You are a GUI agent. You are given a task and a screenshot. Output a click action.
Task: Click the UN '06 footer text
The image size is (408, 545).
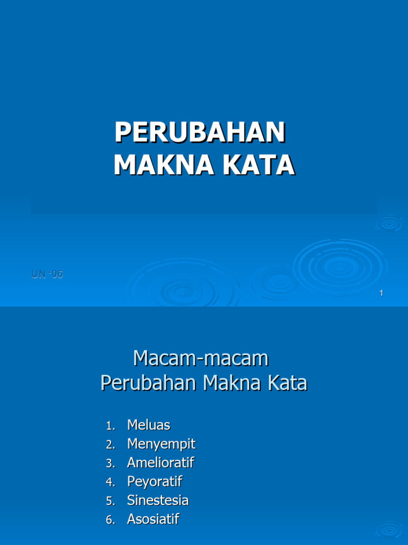47,275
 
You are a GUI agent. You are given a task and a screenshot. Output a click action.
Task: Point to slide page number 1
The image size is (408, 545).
381,293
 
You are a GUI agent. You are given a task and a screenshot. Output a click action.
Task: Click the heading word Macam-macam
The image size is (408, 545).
201,359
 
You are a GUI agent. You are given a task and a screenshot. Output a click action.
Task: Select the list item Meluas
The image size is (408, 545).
149,425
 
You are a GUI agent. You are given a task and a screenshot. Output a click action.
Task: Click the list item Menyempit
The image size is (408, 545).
161,444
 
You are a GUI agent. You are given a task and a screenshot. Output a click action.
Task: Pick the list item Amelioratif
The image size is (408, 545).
160,463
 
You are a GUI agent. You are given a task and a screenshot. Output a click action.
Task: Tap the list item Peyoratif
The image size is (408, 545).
155,482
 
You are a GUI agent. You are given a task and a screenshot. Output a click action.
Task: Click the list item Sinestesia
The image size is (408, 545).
158,501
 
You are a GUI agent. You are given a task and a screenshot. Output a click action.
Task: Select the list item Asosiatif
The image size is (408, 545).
153,520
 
